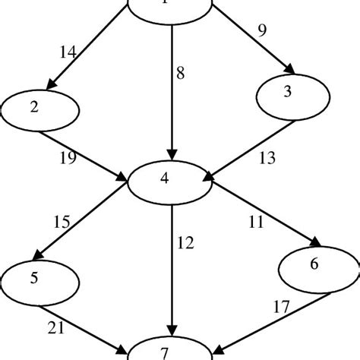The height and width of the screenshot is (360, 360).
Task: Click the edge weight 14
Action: point(69,52)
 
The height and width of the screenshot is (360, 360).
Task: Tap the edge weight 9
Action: point(262,32)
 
